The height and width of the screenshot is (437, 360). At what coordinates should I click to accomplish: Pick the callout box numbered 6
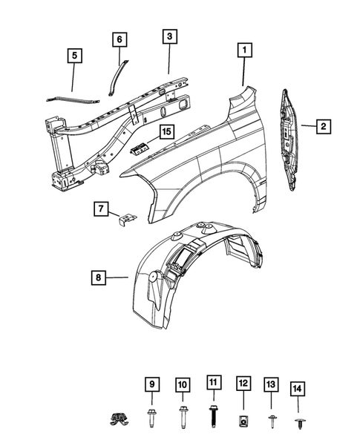pos(120,39)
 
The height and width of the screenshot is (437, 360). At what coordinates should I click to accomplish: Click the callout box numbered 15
pos(166,132)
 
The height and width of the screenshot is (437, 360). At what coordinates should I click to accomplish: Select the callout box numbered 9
pos(151,384)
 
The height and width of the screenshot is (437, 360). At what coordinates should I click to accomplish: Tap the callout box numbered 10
pos(183,384)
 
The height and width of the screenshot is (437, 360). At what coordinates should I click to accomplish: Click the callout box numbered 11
pos(213,383)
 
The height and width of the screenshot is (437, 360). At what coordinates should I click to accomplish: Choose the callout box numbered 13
pos(271,384)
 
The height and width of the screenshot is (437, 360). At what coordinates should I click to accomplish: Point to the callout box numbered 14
pos(298,387)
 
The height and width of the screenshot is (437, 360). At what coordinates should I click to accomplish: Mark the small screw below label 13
pos(271,418)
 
